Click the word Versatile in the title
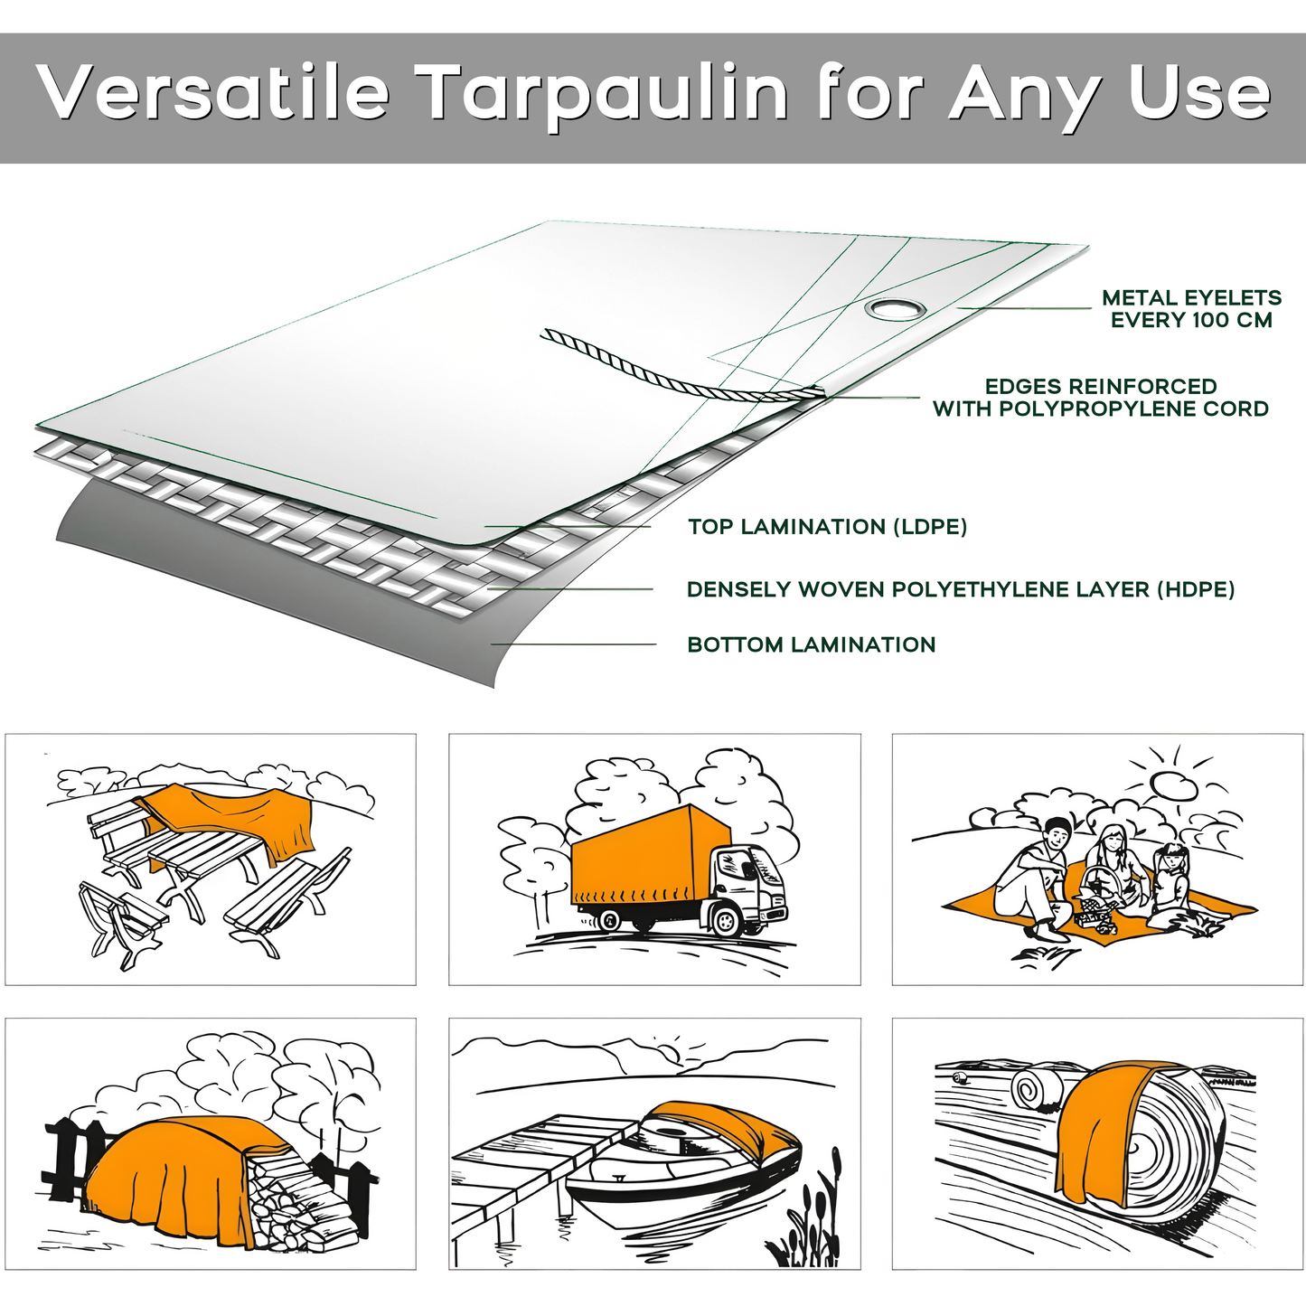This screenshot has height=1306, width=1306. [213, 93]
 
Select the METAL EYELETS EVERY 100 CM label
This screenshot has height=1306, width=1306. [1190, 309]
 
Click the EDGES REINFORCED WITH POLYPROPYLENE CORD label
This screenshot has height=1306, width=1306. [1100, 398]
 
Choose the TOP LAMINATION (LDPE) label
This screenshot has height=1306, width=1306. [827, 527]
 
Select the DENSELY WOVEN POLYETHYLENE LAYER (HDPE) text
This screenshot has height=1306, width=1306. [960, 589]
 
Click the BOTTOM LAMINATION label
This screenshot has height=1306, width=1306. [811, 645]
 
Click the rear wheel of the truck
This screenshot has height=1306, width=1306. [609, 920]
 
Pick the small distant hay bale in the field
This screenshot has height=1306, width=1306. [1037, 1088]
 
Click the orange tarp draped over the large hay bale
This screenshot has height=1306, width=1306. [1098, 1130]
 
